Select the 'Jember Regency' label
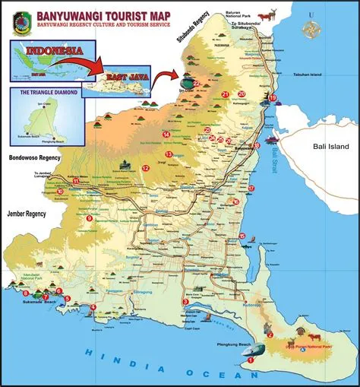coord(24,214)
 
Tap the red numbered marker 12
coord(145,168)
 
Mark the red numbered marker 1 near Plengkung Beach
coord(251,360)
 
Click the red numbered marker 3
coord(185,302)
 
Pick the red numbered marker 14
coord(166,135)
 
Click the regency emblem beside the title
coord(20,17)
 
